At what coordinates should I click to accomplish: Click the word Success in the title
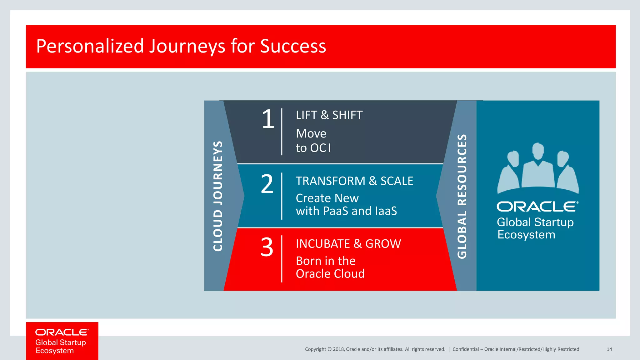(293, 46)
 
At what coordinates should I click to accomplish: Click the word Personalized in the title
(90, 46)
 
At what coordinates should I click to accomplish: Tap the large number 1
(268, 119)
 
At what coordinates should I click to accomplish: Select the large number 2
(267, 184)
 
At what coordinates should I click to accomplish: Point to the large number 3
(267, 247)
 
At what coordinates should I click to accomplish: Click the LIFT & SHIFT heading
(329, 115)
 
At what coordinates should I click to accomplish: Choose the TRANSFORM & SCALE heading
(354, 181)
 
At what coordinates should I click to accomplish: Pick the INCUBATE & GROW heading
(348, 244)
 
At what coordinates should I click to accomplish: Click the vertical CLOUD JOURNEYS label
(218, 196)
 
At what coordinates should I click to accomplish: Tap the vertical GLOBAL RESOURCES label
(462, 196)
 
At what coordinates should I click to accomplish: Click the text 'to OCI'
(313, 148)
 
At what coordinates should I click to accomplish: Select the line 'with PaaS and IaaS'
(346, 211)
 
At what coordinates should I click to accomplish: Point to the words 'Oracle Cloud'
(330, 274)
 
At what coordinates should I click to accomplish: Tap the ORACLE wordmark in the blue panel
(537, 207)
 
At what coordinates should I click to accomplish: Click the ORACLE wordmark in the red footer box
(62, 332)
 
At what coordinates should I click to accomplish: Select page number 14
(609, 349)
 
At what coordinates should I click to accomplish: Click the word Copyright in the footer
(315, 349)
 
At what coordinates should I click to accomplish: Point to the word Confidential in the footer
(465, 349)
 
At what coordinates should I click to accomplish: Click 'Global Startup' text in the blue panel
(535, 222)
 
